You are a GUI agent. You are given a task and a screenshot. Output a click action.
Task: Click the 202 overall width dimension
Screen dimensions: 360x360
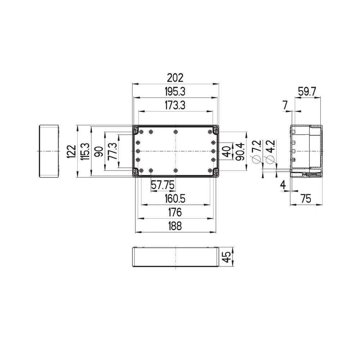[x=175, y=78]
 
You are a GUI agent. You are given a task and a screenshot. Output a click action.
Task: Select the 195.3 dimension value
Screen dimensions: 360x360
[x=175, y=92]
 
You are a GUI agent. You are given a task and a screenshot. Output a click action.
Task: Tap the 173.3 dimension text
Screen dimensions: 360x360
[x=175, y=105]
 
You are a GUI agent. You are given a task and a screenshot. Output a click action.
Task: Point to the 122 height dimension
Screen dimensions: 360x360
[x=72, y=151]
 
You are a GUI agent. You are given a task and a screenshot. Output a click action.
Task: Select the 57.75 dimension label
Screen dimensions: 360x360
[x=163, y=185]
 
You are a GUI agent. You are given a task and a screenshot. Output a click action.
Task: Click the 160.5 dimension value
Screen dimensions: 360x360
[x=175, y=199]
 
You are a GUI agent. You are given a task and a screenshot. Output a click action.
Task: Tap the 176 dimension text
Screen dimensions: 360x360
[x=175, y=212]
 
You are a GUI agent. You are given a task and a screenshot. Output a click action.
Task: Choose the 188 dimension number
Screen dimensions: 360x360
[x=175, y=226]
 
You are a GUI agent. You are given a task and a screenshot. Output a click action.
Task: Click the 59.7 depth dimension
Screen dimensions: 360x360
[x=307, y=92]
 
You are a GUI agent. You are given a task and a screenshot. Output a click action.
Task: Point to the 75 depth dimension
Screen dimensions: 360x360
[x=306, y=199]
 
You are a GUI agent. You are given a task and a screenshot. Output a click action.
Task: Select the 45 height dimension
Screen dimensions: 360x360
[x=226, y=257]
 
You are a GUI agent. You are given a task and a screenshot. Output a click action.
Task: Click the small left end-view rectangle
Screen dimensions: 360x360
[x=49, y=151]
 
